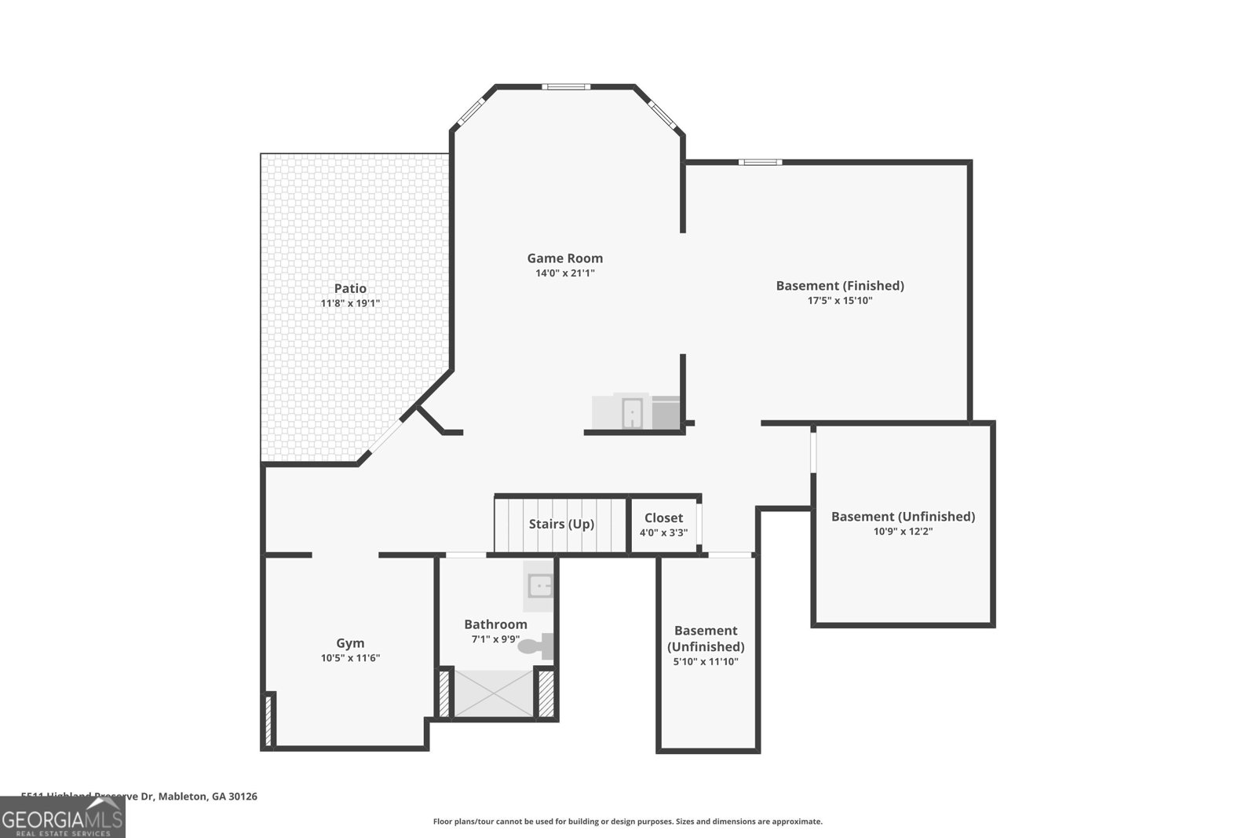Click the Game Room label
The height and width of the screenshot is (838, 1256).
pyautogui.click(x=564, y=258)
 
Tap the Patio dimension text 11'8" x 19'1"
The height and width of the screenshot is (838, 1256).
pyautogui.click(x=350, y=303)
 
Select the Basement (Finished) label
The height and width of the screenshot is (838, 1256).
pyautogui.click(x=840, y=286)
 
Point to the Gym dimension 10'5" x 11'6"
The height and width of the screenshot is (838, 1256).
pyautogui.click(x=350, y=658)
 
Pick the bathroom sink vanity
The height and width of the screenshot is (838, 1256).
pyautogui.click(x=539, y=586)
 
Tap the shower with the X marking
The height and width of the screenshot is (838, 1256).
pyautogui.click(x=494, y=693)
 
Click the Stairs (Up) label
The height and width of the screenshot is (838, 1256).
pyautogui.click(x=561, y=524)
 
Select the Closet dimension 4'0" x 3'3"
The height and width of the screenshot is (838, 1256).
pyautogui.click(x=663, y=532)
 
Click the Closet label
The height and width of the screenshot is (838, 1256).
pyautogui.click(x=663, y=518)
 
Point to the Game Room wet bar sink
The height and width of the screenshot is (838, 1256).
pyautogui.click(x=632, y=414)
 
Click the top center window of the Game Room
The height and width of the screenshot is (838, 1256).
pyautogui.click(x=565, y=86)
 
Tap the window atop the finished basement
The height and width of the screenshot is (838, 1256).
pyautogui.click(x=760, y=163)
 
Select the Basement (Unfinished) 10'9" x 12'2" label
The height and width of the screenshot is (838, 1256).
pyautogui.click(x=903, y=517)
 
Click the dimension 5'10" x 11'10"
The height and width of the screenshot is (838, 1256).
pyautogui.click(x=706, y=662)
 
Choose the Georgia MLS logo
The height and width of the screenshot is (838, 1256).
pyautogui.click(x=62, y=818)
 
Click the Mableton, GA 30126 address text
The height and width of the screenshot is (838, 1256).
pyautogui.click(x=208, y=796)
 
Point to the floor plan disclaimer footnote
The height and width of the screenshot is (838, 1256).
pyautogui.click(x=628, y=822)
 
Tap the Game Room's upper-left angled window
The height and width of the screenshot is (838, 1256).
pyautogui.click(x=473, y=111)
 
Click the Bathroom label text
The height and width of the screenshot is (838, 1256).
pyautogui.click(x=495, y=624)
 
